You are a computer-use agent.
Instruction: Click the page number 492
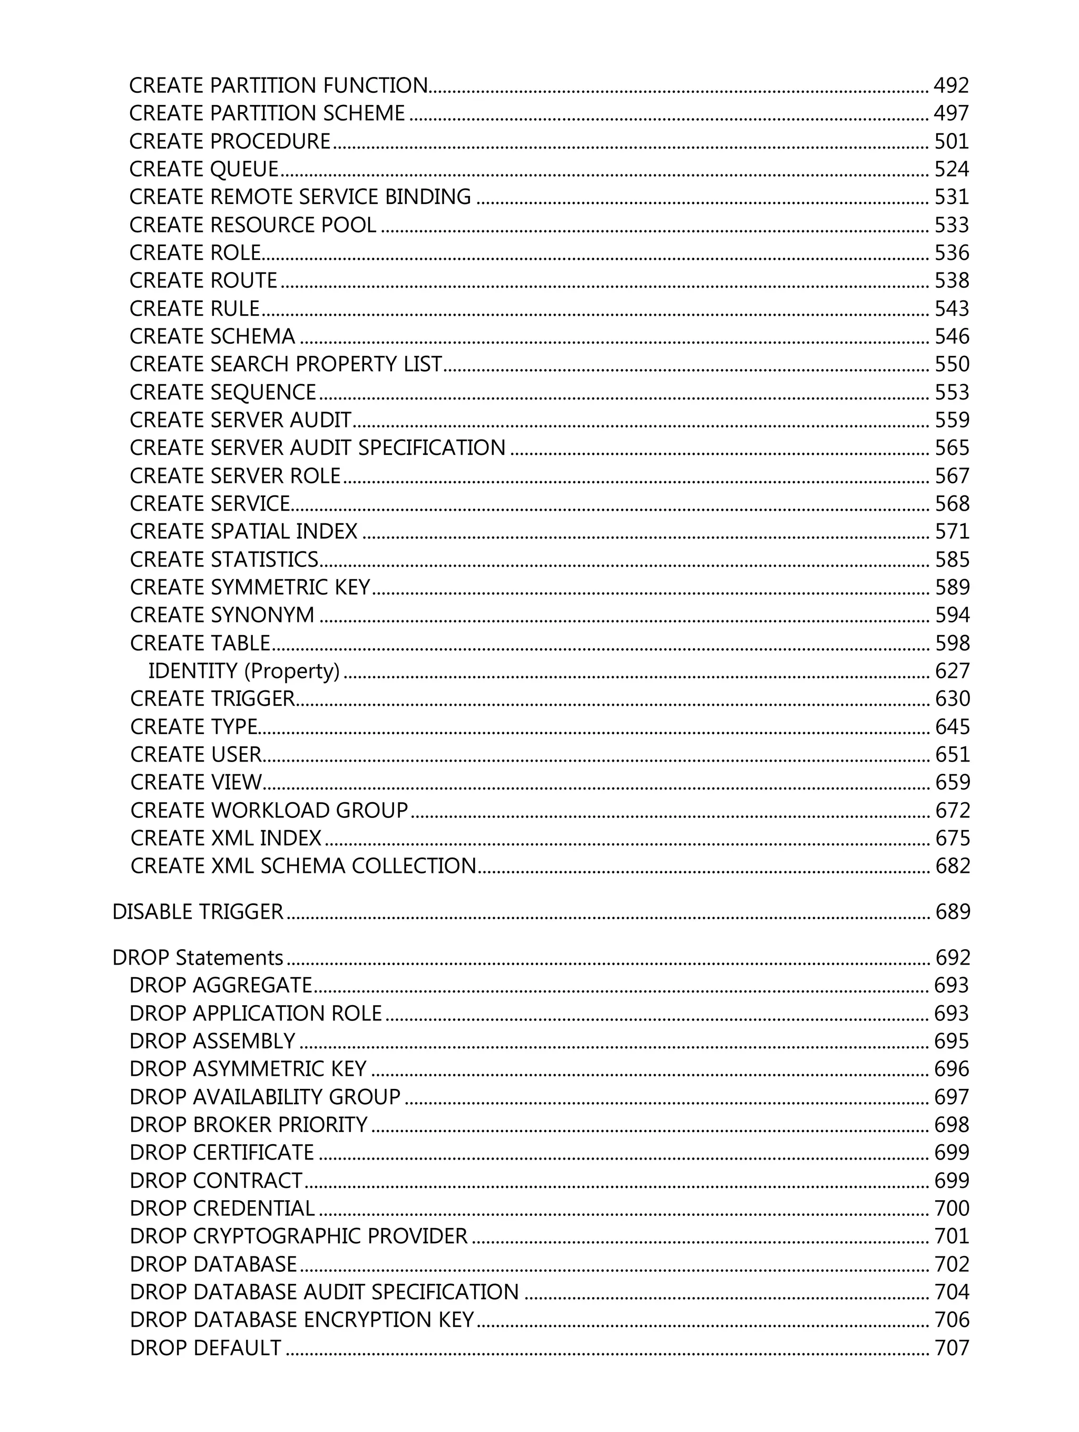[951, 85]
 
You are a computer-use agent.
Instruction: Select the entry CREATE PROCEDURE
[230, 141]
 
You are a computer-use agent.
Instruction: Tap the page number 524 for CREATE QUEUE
[951, 169]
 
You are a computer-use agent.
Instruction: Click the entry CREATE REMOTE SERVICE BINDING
[300, 197]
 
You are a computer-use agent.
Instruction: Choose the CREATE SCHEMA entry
[212, 336]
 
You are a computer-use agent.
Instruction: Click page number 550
[952, 364]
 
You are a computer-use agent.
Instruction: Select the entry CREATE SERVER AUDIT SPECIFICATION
[317, 447]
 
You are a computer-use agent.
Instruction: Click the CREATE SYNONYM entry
[222, 615]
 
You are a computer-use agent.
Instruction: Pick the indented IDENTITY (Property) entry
[243, 671]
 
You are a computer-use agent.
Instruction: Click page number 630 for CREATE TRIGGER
[952, 698]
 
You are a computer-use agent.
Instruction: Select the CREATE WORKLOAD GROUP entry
[269, 810]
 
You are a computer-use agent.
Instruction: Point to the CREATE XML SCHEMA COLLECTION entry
[303, 865]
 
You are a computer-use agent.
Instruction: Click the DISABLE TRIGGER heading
[198, 911]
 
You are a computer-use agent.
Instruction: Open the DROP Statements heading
[198, 958]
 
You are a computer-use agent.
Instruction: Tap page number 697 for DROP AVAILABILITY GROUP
[952, 1097]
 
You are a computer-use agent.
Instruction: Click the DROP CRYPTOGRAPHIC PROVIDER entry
[298, 1236]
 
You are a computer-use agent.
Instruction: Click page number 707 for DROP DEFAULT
[952, 1347]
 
